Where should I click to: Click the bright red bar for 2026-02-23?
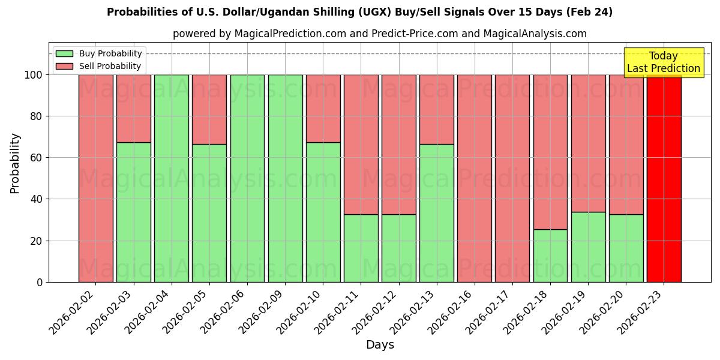point(664,178)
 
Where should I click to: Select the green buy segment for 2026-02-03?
point(133,212)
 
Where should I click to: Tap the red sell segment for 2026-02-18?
point(550,152)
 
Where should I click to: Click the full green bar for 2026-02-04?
point(172,178)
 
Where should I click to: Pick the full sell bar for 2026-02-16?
point(474,178)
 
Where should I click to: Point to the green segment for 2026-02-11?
point(361,248)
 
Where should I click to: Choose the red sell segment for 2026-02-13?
point(436,109)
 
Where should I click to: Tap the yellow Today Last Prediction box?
point(663,62)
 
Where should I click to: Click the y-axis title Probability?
point(15,163)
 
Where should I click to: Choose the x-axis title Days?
point(380,345)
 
